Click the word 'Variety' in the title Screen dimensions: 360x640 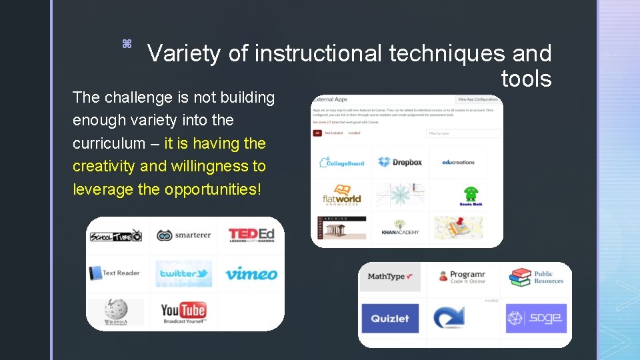pos(184,53)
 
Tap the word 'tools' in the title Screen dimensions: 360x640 pos(526,79)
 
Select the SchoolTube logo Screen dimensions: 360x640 pos(116,235)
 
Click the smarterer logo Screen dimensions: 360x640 pos(183,235)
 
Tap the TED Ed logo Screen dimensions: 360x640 pos(251,235)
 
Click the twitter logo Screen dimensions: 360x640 pos(184,273)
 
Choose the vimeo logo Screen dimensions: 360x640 pos(251,273)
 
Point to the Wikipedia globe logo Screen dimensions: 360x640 pos(115,311)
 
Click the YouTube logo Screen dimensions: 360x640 pos(183,311)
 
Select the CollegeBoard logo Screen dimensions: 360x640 pos(342,162)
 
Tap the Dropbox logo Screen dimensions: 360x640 pos(399,162)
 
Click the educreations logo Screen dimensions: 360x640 pos(458,162)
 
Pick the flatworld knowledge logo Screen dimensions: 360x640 pos(342,195)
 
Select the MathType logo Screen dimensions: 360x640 pos(390,277)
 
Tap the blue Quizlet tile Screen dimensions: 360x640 pos(390,318)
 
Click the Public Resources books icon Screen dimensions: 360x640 pos(521,277)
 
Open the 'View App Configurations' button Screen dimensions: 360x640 pos(478,99)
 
